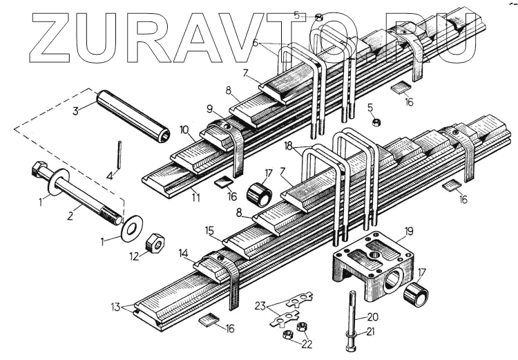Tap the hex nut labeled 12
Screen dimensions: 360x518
[x=155, y=244]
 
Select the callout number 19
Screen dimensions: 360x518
[x=409, y=232]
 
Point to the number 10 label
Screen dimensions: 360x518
[x=184, y=130]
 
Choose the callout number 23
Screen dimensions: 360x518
[x=260, y=305]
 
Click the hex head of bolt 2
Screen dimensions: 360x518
[x=37, y=170]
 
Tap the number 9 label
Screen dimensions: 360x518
[x=209, y=108]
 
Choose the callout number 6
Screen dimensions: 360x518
[x=256, y=43]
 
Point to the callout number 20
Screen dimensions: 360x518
[x=372, y=316]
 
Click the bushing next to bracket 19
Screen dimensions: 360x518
[x=416, y=295]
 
